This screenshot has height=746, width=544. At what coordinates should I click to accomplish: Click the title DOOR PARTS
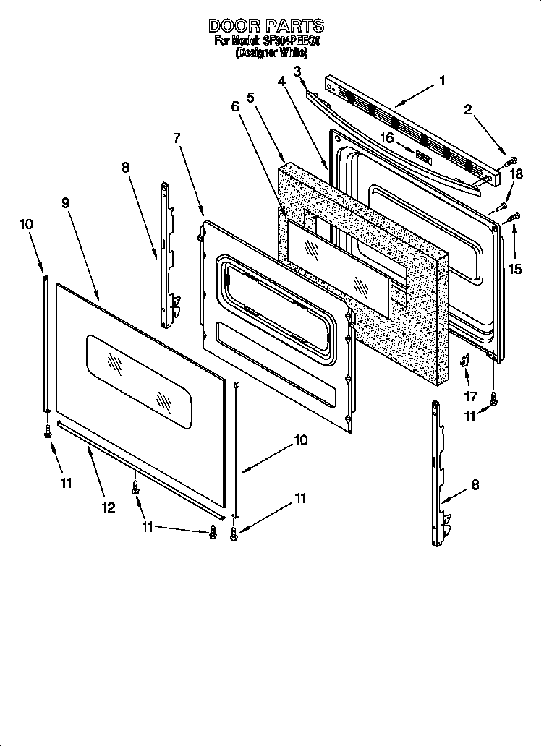coord(266,26)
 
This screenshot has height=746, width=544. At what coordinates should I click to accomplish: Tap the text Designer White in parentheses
coord(266,53)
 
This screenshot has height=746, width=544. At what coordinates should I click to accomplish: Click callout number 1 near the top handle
coord(442,81)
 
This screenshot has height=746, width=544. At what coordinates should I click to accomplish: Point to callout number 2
coord(468,110)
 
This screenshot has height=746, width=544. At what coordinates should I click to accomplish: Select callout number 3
coord(297,70)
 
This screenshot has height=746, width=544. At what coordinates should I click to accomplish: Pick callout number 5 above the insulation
coord(250,97)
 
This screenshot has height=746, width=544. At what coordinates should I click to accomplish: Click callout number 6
coord(235,106)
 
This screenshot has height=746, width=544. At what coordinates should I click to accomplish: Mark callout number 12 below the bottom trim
coord(108,507)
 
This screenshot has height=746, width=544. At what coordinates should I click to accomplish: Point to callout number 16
coord(387,137)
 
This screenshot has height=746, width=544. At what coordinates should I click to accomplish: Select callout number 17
coord(470,397)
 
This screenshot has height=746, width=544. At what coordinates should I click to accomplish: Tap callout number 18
coord(515,174)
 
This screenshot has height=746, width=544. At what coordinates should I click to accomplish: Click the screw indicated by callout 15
coord(515,215)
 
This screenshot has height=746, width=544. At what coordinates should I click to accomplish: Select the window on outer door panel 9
coord(140,374)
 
